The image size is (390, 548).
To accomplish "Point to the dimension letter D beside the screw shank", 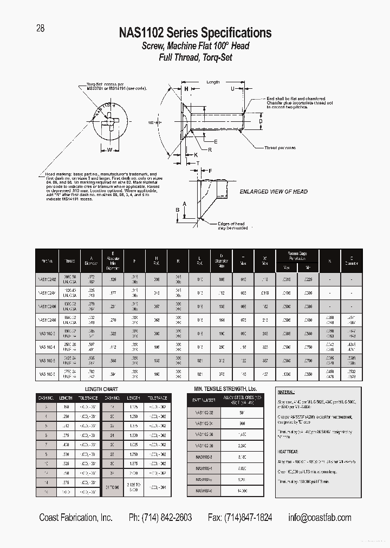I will pyautogui.click(x=260, y=121).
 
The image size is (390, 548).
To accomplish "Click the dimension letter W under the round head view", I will pyautogui.click(x=109, y=150).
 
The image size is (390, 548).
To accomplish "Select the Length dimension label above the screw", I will pyautogui.click(x=213, y=82).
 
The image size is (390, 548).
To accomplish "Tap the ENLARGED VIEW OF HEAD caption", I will pyautogui.click(x=274, y=192).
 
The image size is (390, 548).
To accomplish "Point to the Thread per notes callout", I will pyautogui.click(x=280, y=148).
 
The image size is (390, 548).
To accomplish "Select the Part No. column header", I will pyautogui.click(x=47, y=260).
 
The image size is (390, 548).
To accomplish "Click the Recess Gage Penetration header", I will pyautogui.click(x=297, y=255).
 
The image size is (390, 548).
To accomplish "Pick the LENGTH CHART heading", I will pyautogui.click(x=101, y=389).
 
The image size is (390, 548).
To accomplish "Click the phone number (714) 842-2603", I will pyautogui.click(x=160, y=518).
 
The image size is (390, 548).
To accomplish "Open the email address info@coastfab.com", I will pyautogui.click(x=320, y=518).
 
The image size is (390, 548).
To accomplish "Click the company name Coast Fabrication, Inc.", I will pyautogui.click(x=76, y=518).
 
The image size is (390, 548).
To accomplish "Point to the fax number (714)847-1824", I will pyautogui.click(x=240, y=518).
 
